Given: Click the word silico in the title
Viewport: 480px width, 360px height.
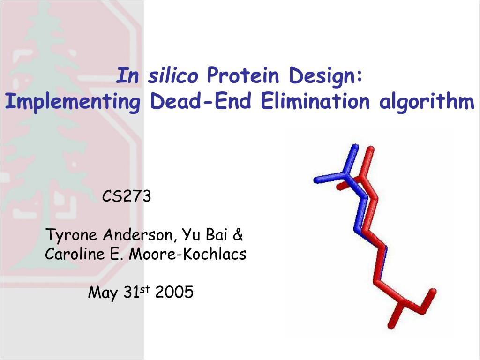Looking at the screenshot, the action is click(x=173, y=75).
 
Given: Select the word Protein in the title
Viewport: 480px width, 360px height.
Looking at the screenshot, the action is click(x=243, y=75).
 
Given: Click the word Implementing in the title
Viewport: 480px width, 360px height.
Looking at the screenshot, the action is click(x=73, y=102).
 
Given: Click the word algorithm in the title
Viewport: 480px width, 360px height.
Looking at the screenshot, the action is click(x=427, y=102).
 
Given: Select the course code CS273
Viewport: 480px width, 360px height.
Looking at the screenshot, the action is click(x=127, y=196).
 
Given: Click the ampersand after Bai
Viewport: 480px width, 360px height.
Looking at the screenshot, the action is click(x=238, y=235).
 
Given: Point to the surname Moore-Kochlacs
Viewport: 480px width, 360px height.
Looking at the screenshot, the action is click(x=187, y=254).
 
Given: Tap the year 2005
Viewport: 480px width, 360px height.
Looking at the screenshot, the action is click(x=174, y=292).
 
